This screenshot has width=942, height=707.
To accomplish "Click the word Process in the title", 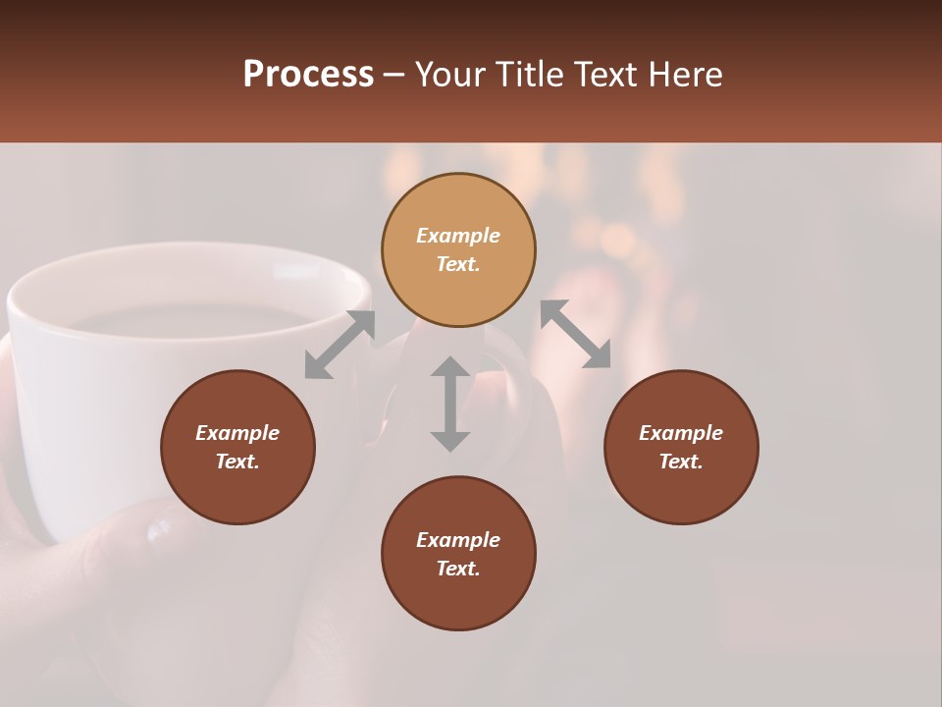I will [308, 75].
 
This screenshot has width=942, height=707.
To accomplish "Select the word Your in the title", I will [450, 75].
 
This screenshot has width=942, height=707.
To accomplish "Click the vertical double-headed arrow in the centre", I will [450, 404].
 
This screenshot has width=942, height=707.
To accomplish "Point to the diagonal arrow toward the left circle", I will [340, 345].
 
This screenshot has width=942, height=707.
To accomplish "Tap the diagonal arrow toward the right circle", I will [575, 334].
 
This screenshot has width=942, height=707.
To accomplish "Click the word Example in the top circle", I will [458, 236].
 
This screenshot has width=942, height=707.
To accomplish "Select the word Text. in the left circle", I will [237, 462].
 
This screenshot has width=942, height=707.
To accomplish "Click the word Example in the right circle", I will [681, 433].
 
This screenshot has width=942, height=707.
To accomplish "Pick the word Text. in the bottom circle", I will [458, 569].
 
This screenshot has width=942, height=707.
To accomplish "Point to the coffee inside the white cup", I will [196, 319].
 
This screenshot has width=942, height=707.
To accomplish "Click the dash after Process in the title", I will [393, 75].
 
